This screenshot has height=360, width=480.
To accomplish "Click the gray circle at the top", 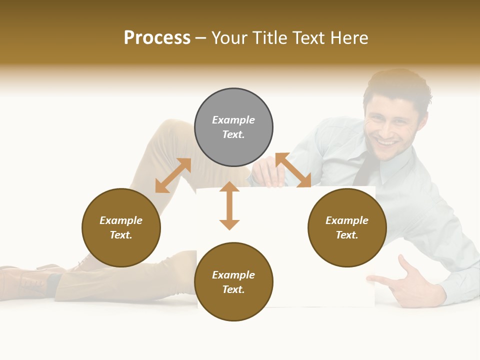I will click(233, 127).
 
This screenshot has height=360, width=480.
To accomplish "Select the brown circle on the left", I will click(121, 227).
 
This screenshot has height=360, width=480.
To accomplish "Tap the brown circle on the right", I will click(347, 227).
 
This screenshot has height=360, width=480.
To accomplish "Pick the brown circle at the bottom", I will click(233, 281).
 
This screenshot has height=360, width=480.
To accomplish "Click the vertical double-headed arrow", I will click(229, 205).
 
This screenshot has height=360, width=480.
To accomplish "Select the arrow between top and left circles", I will click(173, 175).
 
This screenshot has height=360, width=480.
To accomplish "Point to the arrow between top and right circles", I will click(293, 170).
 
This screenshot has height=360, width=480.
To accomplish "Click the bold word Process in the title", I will click(157, 38).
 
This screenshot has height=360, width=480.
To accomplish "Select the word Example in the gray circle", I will click(233, 120).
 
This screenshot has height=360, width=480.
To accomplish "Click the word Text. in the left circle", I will click(121, 235).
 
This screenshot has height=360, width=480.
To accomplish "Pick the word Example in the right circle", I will click(347, 220).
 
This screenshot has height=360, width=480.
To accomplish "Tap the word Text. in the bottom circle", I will click(233, 289).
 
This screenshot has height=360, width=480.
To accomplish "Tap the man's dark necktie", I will click(365, 170).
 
